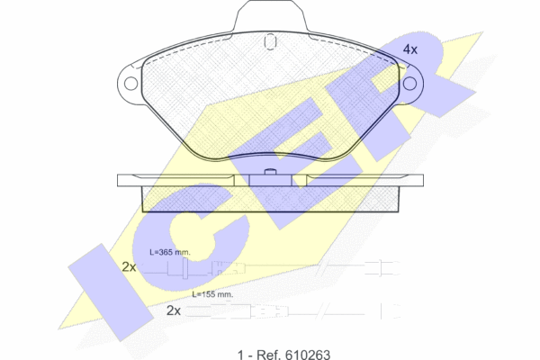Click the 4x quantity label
point(409,49)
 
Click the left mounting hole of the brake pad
point(130,84)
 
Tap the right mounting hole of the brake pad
point(409,84)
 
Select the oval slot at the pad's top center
point(270,41)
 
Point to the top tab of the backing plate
point(270,15)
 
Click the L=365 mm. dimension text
point(170,252)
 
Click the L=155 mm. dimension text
point(212,294)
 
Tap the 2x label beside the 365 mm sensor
point(129,267)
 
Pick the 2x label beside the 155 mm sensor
point(173,310)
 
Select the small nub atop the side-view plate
point(270,172)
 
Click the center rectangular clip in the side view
point(270,180)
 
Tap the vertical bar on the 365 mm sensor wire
point(184,268)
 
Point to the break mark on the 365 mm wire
point(323,266)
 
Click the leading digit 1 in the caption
point(240,355)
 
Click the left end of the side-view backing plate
point(119,181)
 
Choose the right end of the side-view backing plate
point(423,181)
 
